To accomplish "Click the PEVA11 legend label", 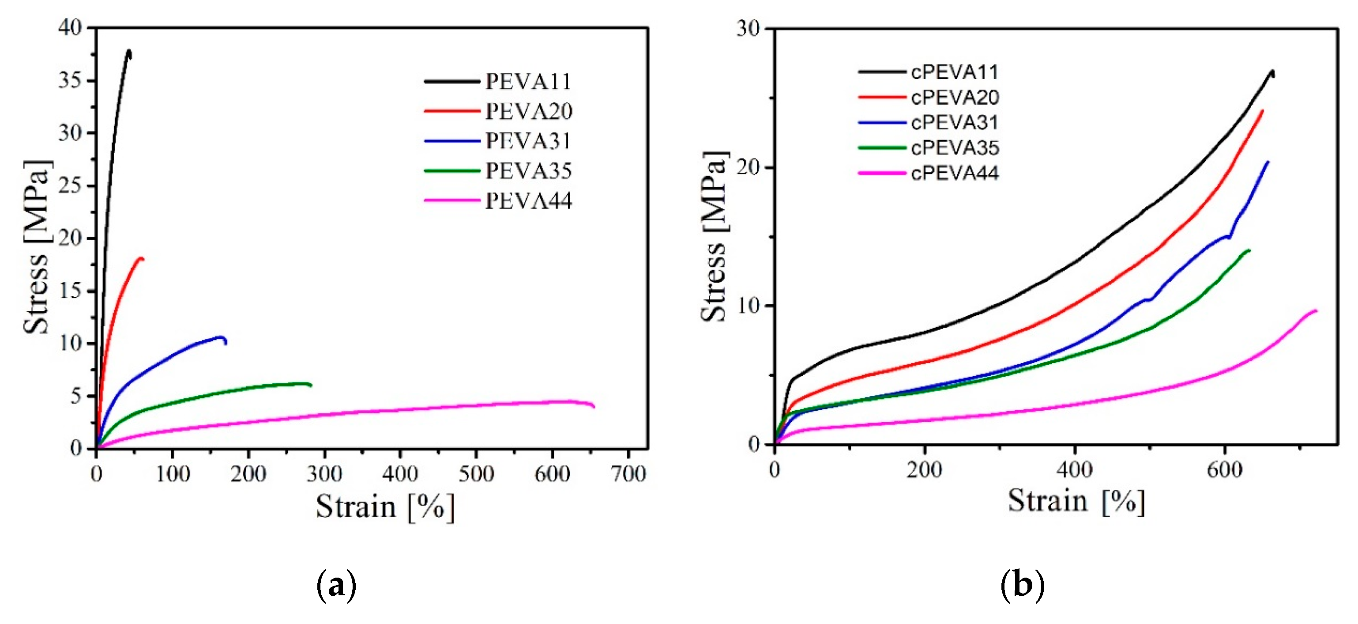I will coord(528,81).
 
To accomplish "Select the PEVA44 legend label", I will coord(528,201).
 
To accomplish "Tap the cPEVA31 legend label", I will coord(955,123).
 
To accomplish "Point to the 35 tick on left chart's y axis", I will coord(70,81).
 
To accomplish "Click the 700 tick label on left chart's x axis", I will coord(628,474).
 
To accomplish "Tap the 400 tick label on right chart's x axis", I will coord(1074,469).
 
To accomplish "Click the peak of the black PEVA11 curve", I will coord(128,51).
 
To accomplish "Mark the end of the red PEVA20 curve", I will coord(143,258).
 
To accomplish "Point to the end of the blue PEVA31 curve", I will coord(226,344).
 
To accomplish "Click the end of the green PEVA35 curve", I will coord(311,385).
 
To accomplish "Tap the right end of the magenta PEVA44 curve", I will coord(594,406).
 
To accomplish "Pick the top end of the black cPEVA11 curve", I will coord(1272,72).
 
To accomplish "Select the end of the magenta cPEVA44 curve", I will coord(1317,311).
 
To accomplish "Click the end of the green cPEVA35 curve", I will coord(1249,250).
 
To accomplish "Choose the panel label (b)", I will coord(1022,585).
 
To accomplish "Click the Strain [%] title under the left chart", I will coord(385,507).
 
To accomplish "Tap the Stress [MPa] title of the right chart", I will coord(715,236).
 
